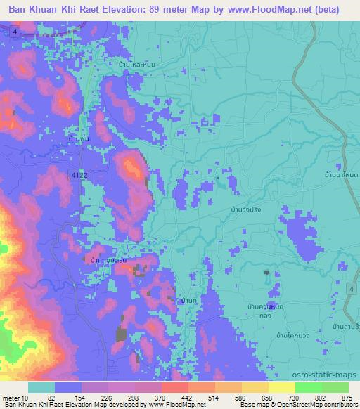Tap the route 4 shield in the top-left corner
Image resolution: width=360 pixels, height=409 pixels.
(x=15, y=32)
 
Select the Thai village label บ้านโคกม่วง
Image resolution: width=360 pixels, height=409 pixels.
(x=293, y=335)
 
